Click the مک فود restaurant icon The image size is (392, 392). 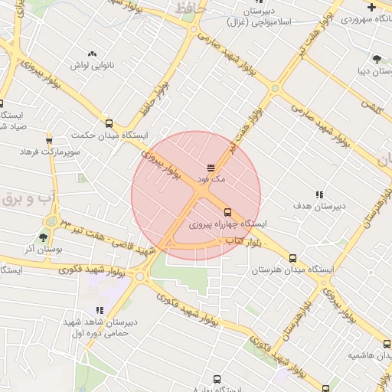(x=211, y=167)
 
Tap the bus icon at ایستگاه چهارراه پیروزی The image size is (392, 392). (x=227, y=213)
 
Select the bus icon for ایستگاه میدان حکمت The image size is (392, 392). (x=108, y=123)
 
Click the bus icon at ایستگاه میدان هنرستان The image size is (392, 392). (x=293, y=258)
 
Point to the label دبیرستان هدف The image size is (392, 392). (x=319, y=206)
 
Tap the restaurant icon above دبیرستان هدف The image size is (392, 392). (x=319, y=194)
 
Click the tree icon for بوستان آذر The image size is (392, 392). (x=42, y=238)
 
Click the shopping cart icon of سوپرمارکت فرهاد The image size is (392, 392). (x=49, y=140)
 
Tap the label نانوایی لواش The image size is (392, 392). (x=92, y=65)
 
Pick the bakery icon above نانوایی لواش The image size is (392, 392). (x=92, y=54)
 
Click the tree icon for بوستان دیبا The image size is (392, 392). (x=376, y=59)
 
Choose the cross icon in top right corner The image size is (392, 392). (x=371, y=6)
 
